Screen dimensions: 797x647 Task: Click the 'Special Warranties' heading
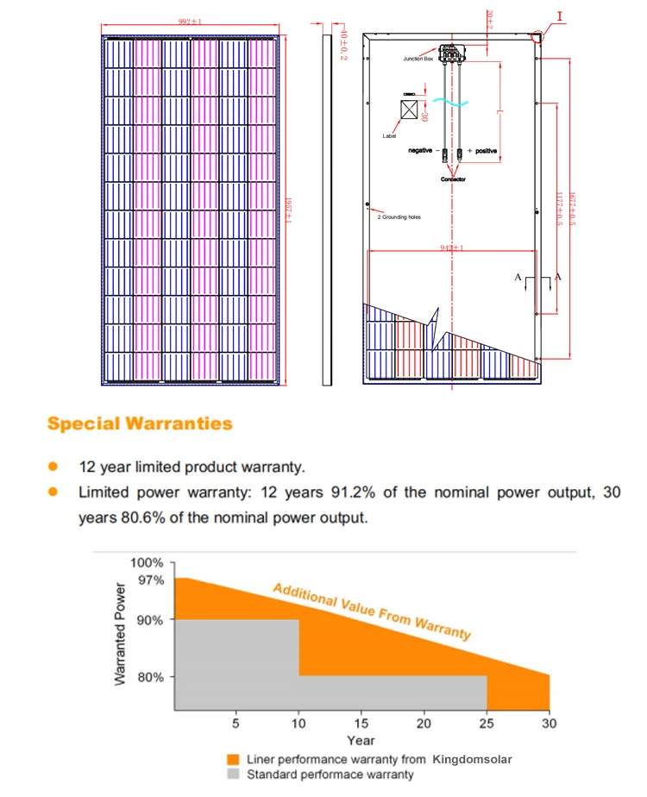140,424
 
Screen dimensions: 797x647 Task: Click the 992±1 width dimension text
190,20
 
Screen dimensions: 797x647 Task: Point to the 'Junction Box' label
418,59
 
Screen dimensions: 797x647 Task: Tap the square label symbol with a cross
411,110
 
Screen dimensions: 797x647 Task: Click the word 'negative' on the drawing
420,151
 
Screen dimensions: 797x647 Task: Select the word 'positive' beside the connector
487,151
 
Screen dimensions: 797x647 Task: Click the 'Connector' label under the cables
453,179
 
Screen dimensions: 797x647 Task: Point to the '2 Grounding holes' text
399,217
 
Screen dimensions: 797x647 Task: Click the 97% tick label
152,580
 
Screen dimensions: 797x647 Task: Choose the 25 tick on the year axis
487,723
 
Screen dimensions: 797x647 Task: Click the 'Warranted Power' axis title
121,634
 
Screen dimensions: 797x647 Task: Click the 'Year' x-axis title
361,740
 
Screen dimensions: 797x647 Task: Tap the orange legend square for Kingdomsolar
231,760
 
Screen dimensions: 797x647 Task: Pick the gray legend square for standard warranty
231,774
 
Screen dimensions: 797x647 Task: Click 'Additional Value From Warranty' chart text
372,612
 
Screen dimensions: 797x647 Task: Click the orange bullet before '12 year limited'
53,467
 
